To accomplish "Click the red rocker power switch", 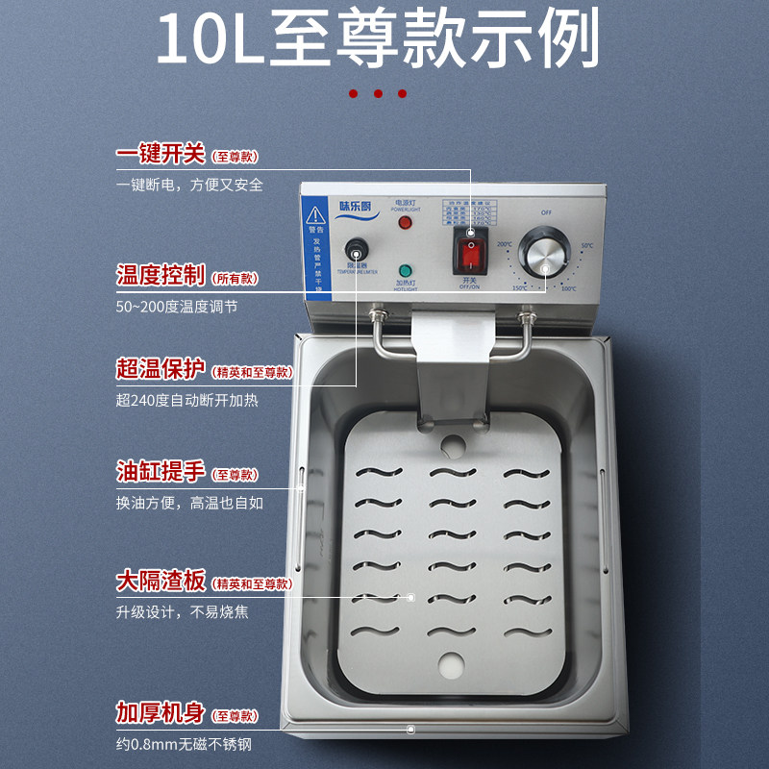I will click(x=471, y=253).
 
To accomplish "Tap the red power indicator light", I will click(x=405, y=223).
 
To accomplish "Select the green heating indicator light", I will click(x=405, y=271).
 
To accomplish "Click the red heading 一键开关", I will click(x=161, y=154).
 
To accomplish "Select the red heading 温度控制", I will click(x=161, y=276).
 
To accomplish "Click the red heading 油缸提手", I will click(x=161, y=472).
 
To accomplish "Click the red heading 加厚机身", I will click(x=161, y=713).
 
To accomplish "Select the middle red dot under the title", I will click(x=378, y=94).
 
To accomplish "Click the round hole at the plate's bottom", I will click(x=450, y=664).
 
